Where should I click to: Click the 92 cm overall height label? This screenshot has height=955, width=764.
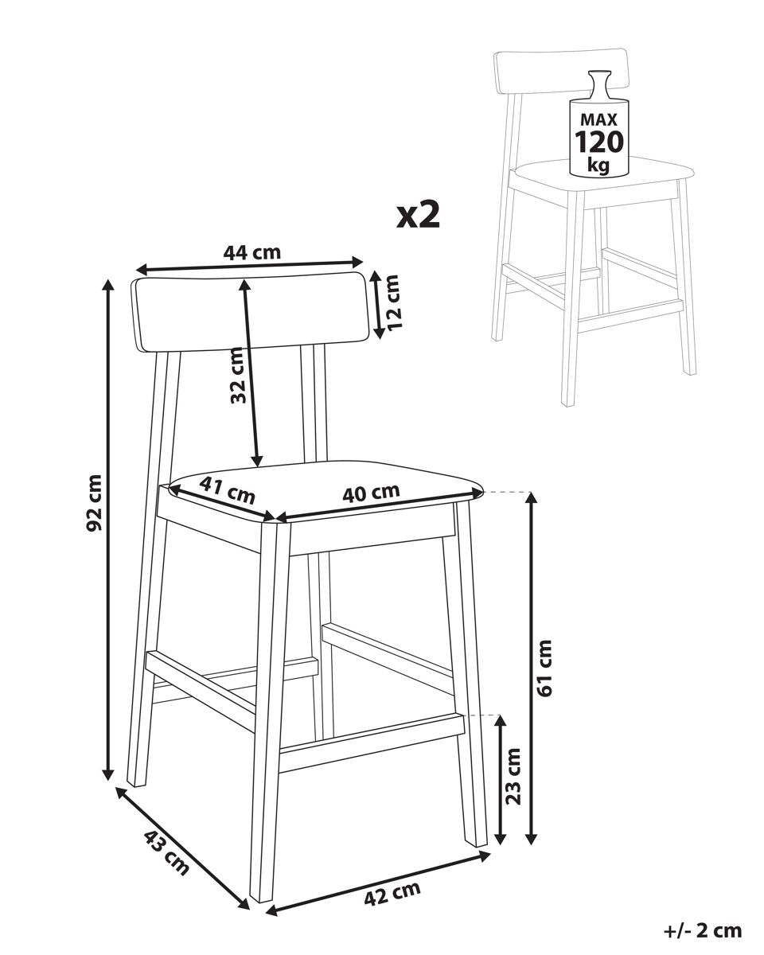coord(95,502)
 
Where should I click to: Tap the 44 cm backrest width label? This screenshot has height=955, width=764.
coord(251,252)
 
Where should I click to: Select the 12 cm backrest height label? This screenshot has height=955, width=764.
coord(393,302)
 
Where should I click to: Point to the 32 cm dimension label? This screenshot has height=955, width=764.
coord(238,375)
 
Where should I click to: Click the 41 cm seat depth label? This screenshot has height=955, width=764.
coord(228,489)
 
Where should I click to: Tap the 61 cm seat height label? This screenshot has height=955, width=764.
coord(544,668)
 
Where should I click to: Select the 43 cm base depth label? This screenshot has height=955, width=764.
coord(166,852)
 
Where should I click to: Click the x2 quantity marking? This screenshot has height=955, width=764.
coord(418,214)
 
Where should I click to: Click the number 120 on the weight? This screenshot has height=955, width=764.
coord(599,142)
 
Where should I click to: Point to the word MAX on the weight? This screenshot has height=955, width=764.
coord(598,119)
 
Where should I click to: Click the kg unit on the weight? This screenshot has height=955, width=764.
coord(598,165)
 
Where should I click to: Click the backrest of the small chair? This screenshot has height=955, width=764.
coord(561,72)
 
